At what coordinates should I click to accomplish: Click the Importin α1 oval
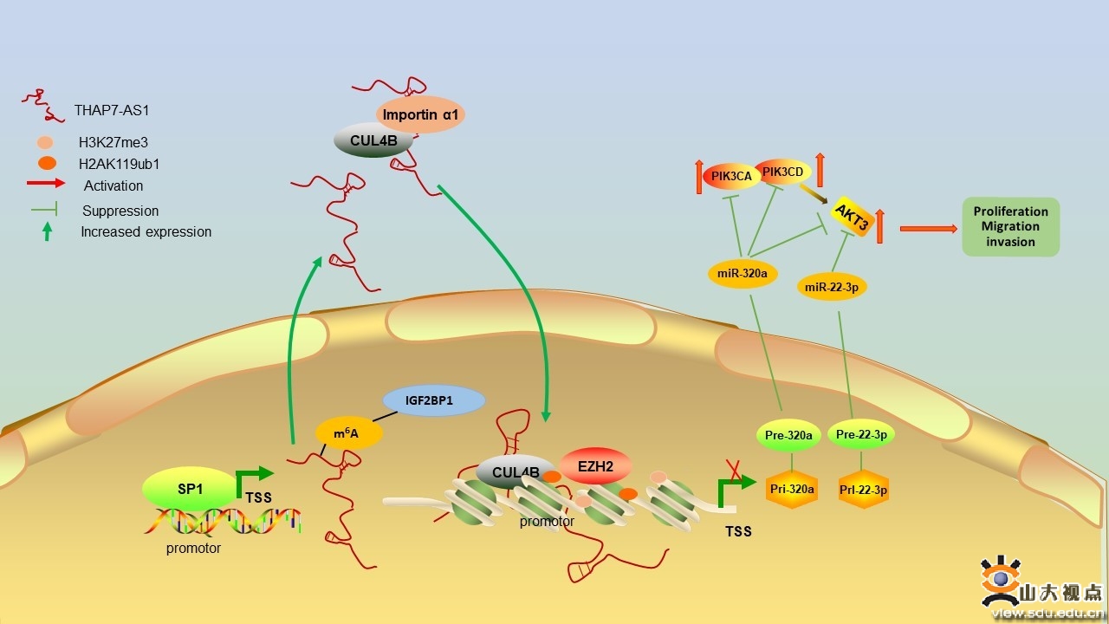[x=421, y=114]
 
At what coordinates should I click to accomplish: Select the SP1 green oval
[x=190, y=489]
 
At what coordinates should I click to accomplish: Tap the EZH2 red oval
[x=595, y=466]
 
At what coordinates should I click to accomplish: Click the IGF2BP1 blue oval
[x=433, y=400]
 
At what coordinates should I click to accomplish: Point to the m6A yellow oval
[x=348, y=432]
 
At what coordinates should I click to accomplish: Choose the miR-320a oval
[x=742, y=273]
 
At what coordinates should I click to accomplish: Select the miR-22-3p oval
[x=832, y=287]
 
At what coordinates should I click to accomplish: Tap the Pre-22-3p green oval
[x=862, y=435]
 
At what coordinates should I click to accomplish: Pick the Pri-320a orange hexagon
[x=792, y=489]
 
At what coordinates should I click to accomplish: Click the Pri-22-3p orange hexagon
[x=863, y=490]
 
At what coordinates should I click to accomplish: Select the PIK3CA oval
[x=732, y=177]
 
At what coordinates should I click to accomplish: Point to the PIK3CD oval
[x=783, y=172]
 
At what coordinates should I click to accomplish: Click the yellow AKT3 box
[x=851, y=217]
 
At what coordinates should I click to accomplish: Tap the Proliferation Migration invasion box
[x=1010, y=226]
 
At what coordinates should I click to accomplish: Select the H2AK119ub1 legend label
[x=119, y=164]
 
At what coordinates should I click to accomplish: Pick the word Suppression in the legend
[x=120, y=211]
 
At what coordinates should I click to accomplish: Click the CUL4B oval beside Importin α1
[x=373, y=140]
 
